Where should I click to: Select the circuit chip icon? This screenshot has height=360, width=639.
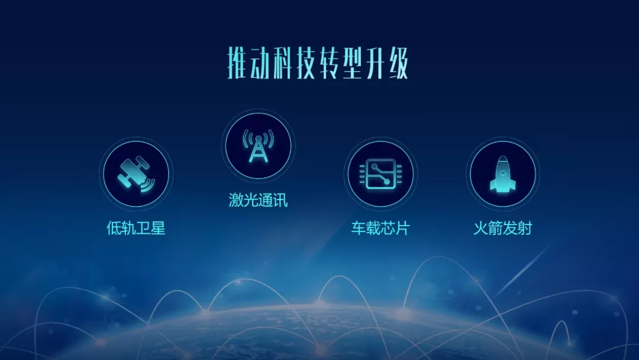coord(380,173)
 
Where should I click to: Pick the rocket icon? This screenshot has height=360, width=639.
coord(502,173)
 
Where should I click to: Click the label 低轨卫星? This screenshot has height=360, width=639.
coord(135,228)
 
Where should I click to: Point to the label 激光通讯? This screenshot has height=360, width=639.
coord(258,200)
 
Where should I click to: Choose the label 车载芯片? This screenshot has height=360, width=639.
coord(380,228)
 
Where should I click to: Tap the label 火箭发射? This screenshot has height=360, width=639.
coord(502,228)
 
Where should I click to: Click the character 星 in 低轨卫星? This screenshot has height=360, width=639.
coord(158,228)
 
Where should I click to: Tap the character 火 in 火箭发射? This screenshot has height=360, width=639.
coord(480,228)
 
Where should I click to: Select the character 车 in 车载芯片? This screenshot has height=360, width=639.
coord(358,228)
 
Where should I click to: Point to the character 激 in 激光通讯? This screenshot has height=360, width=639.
coord(236,200)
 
